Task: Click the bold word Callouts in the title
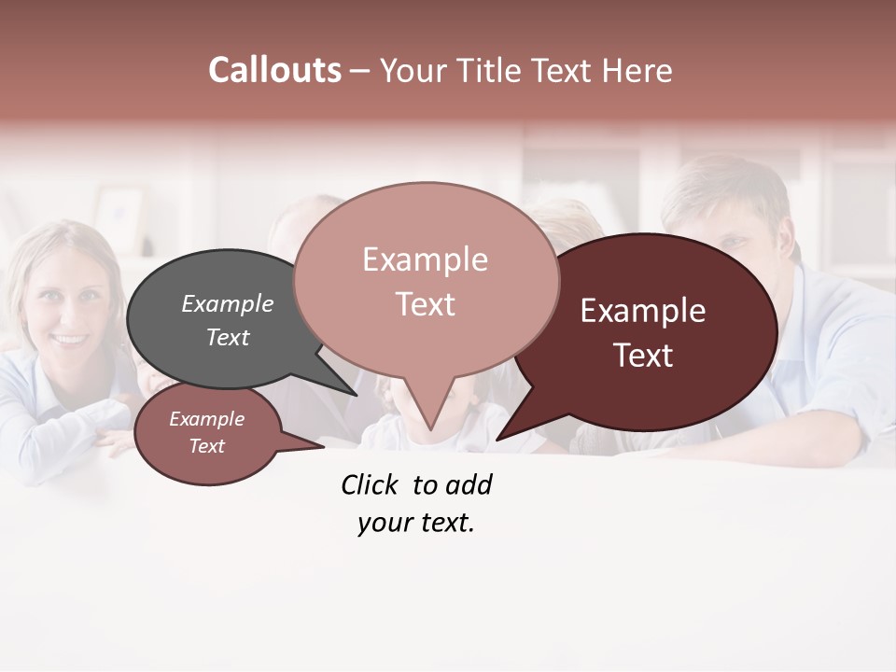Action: pos(275,70)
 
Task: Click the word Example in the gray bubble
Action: pos(228,304)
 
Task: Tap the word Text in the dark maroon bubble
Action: pos(643,356)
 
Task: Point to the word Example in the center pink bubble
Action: pos(426,260)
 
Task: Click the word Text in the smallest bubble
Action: pos(206,446)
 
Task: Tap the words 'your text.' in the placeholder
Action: pos(416,523)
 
